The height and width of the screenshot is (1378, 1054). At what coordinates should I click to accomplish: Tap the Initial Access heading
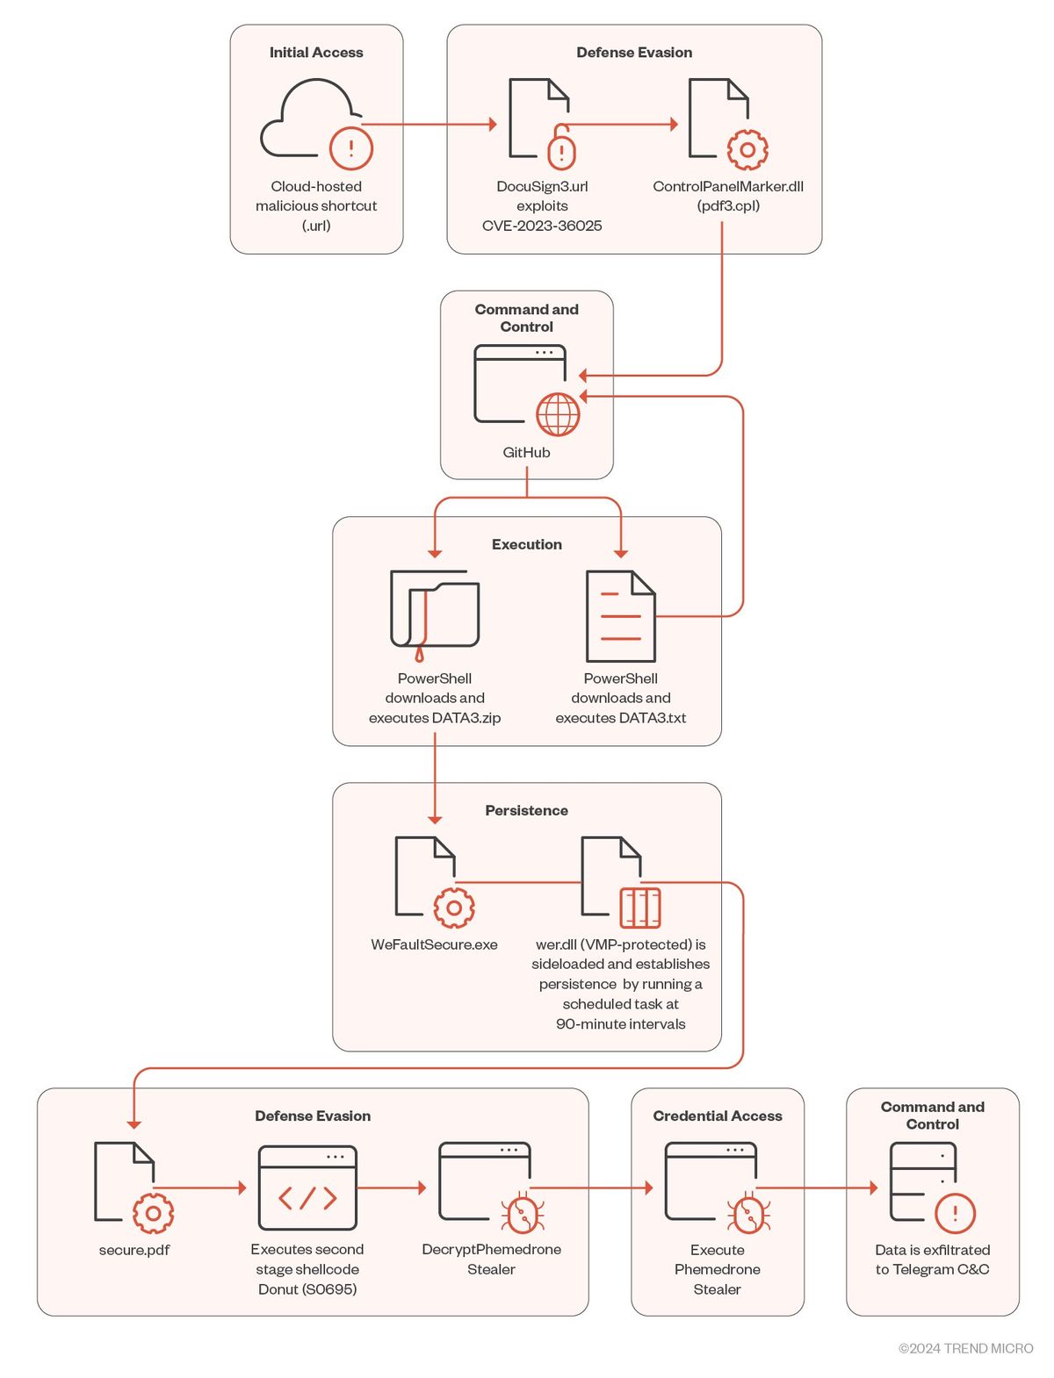pos(316,53)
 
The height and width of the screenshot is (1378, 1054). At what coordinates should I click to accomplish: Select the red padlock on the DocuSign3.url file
pos(561,149)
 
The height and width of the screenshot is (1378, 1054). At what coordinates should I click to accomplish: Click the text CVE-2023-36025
pos(542,226)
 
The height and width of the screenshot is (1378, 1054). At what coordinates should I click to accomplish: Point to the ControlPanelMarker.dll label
pos(728,186)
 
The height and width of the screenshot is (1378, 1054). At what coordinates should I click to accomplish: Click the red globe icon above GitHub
pos(559,414)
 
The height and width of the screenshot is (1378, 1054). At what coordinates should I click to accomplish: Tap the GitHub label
pos(526,452)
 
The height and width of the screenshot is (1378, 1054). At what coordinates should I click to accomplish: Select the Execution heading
pos(526,544)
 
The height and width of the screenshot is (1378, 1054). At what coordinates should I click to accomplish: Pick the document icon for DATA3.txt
pos(620,616)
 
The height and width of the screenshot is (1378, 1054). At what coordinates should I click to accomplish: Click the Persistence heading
pos(526,810)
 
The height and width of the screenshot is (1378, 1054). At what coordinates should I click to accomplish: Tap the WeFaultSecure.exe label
pos(434,944)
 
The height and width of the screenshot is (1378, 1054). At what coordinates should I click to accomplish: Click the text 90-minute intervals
pos(620,1023)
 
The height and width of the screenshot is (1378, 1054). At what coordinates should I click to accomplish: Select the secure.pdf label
pos(134,1250)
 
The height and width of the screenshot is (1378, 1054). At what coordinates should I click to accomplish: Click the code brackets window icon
pos(307,1188)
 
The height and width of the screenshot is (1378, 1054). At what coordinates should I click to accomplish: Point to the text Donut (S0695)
pos(307,1289)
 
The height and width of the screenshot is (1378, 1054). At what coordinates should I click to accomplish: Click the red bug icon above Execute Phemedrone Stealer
pos(748,1214)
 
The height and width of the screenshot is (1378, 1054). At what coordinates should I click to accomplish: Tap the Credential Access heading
pos(717,1116)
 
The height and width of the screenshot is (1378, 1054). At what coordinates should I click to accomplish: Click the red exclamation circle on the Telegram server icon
pos(955,1214)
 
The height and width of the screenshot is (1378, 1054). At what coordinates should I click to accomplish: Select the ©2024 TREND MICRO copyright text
pos(965,1348)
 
